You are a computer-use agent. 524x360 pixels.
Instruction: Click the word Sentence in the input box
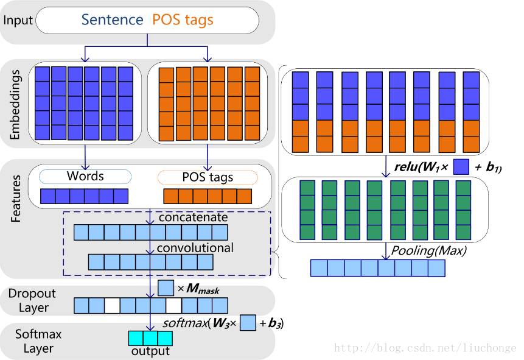113,19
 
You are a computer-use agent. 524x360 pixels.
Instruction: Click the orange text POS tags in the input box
183,19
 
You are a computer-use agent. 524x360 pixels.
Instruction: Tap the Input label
18,20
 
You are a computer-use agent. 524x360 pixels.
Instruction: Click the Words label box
85,177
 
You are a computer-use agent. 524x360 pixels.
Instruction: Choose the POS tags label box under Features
208,178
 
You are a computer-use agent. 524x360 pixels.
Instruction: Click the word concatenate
192,217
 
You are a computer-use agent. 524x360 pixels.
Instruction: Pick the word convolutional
195,248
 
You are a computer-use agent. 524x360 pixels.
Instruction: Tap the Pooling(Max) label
428,250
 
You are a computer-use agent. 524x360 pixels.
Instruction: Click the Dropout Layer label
32,300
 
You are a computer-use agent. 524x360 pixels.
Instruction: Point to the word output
150,351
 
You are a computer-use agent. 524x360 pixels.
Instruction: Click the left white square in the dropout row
112,305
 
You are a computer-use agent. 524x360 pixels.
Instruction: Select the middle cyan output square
150,338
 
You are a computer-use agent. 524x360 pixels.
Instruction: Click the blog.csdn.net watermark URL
426,348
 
